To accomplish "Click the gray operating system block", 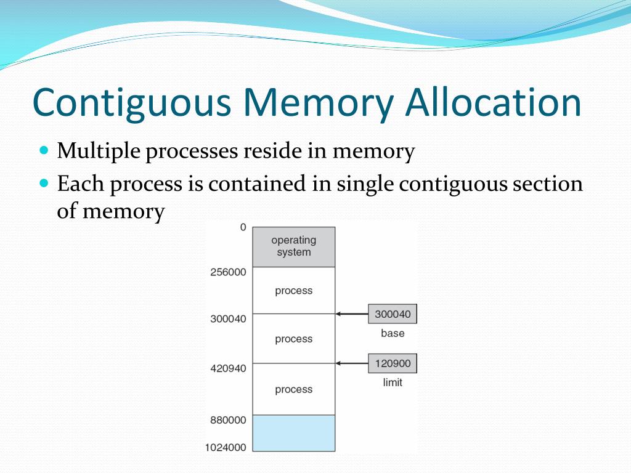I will pos(294,246).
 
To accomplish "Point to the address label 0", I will pos(243,227).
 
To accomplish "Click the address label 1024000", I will pos(226,448).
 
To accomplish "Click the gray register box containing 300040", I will pos(393,314).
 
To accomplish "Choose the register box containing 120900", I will pos(393,363).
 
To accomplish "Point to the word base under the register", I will pos(393,333).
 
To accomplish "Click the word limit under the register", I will pos(393,382).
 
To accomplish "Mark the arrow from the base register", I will pos(352,314).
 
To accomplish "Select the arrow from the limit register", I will pos(352,363).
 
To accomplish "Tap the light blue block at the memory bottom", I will pos(294,433).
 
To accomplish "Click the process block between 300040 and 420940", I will pos(294,339).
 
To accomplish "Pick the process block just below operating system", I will pos(294,290).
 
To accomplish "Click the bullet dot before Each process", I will pos(43,183).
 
